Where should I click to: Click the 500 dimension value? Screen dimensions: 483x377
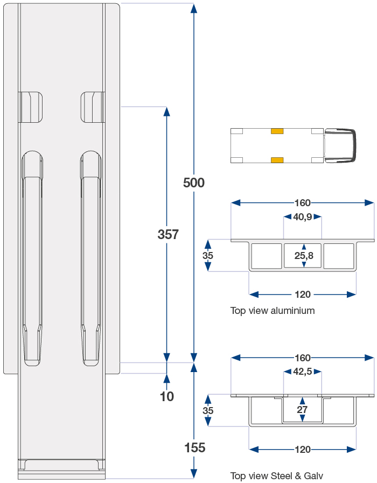click(x=194, y=183)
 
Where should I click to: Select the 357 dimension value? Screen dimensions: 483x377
click(x=168, y=235)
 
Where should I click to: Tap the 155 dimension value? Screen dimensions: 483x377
click(x=194, y=447)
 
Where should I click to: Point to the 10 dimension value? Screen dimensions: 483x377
click(x=167, y=397)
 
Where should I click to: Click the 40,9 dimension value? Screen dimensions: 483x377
click(x=303, y=217)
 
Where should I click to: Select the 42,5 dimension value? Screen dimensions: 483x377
click(x=303, y=372)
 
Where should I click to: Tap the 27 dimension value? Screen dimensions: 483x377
click(x=302, y=410)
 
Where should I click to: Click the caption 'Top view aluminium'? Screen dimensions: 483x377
click(x=273, y=311)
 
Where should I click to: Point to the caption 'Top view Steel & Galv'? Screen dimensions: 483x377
click(x=277, y=475)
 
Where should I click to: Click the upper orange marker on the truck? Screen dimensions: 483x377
click(x=277, y=131)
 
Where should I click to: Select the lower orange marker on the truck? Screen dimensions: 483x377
click(x=277, y=159)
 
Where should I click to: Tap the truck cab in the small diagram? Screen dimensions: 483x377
click(x=340, y=145)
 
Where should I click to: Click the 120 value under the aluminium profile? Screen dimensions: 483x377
click(x=303, y=295)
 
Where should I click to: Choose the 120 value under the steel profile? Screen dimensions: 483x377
click(x=303, y=449)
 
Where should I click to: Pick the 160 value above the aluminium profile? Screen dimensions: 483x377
click(x=303, y=203)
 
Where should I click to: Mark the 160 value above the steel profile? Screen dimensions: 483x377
click(x=303, y=358)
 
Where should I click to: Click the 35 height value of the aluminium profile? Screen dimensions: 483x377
click(x=208, y=256)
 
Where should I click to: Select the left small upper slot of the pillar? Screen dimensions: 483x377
click(x=31, y=107)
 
